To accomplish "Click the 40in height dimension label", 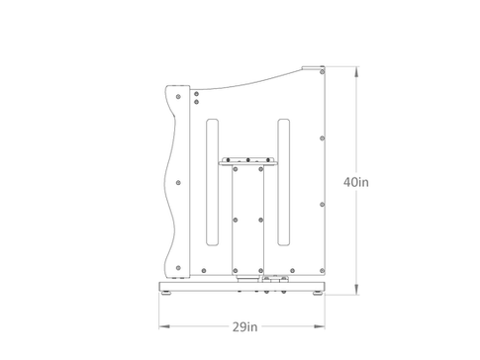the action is (x=356, y=182).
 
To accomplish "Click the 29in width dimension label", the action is (x=244, y=327).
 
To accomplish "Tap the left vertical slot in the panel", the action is (x=212, y=182).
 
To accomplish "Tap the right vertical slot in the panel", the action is (x=284, y=182).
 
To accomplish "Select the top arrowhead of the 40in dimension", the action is (x=356, y=72).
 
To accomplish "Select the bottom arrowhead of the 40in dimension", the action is (x=356, y=289).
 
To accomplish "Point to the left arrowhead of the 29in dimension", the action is (x=164, y=326).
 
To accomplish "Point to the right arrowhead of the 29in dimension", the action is (x=320, y=326).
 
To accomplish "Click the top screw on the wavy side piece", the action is (x=178, y=97).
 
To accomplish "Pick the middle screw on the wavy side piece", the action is (x=178, y=183).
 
